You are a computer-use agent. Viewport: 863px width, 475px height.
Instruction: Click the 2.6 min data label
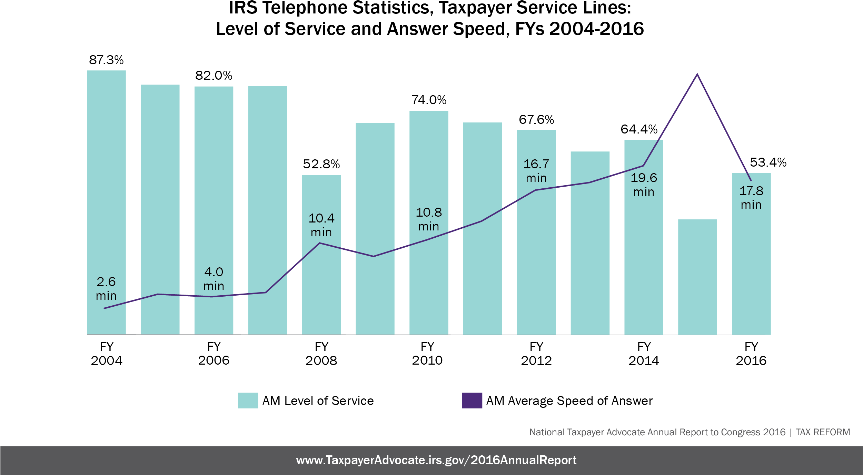click(x=106, y=289)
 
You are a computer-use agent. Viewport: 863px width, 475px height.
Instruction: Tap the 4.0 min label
click(x=214, y=279)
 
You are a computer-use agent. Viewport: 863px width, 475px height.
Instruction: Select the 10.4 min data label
click(x=321, y=225)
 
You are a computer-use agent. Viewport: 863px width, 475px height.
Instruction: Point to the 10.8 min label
click(x=429, y=219)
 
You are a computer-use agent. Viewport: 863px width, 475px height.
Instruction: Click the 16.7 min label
click(x=536, y=171)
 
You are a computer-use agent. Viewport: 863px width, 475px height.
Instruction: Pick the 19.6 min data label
click(x=644, y=185)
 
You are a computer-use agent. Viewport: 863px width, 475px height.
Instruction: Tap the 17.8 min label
click(x=751, y=198)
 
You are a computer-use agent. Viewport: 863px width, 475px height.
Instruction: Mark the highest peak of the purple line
click(x=697, y=74)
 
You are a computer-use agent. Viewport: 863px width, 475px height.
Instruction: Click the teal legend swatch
click(x=248, y=400)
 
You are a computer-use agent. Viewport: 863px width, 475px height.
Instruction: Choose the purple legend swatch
click(x=472, y=400)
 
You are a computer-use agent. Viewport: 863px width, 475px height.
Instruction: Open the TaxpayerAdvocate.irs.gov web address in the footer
click(x=436, y=460)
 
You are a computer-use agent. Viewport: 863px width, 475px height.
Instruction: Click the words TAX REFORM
click(x=823, y=432)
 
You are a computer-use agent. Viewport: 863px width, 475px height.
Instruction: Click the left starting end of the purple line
click(x=105, y=308)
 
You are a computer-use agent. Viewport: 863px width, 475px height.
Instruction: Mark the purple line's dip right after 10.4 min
click(x=373, y=256)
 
